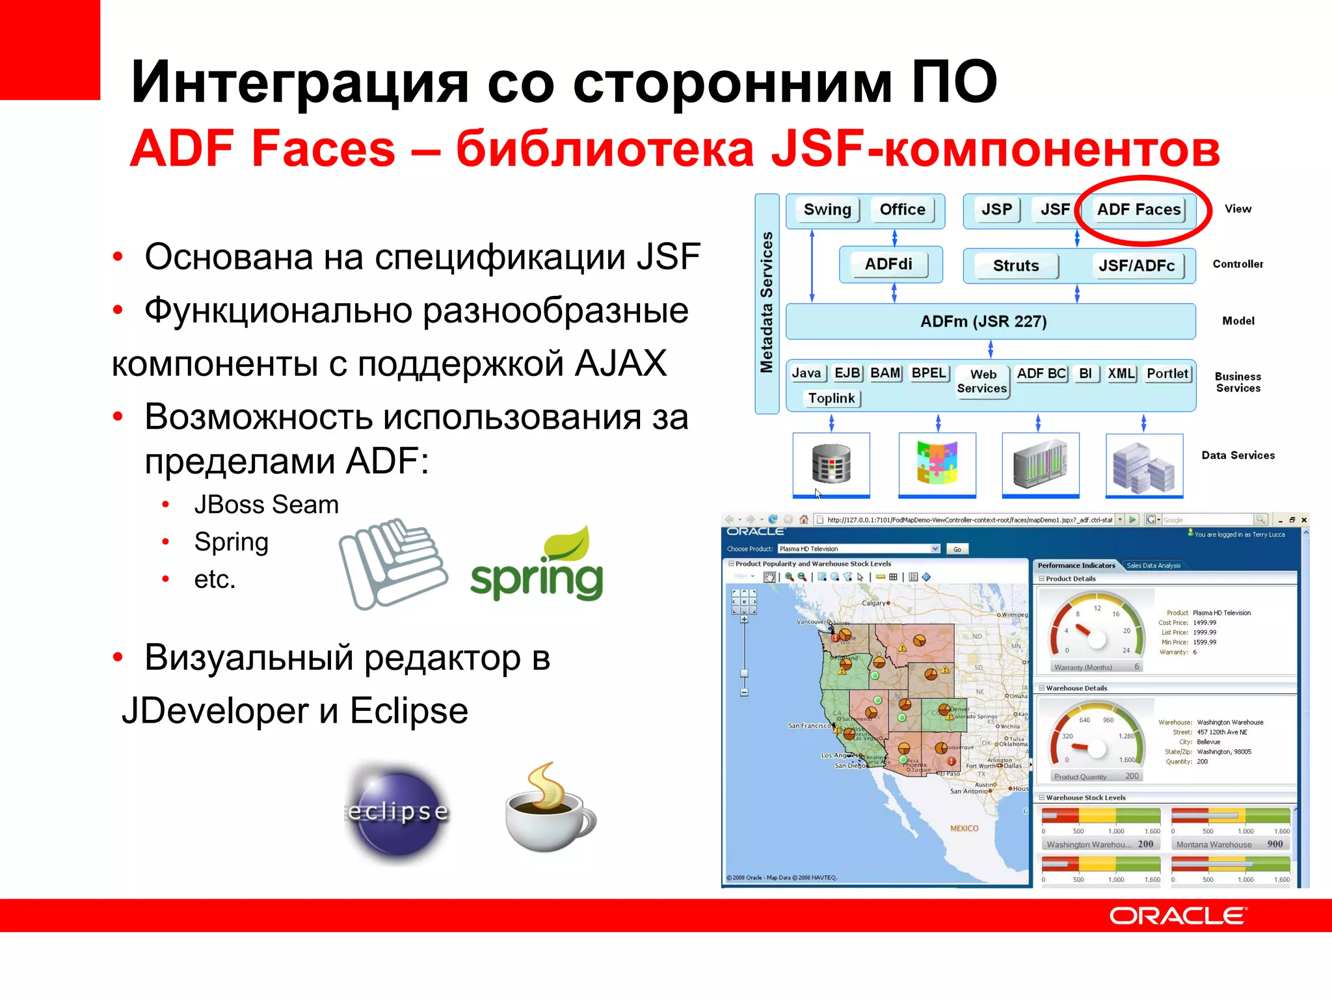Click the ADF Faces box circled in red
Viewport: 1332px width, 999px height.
1138,209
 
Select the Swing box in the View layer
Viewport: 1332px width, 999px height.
827,209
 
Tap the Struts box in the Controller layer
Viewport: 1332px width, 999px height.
1015,265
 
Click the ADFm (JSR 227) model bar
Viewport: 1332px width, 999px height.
983,321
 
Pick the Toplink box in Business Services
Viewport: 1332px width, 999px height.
831,398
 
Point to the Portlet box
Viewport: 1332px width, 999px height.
1167,373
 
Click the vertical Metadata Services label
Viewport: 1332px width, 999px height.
767,303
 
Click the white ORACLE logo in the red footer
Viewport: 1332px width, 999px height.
1178,916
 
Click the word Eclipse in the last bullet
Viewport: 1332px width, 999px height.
408,710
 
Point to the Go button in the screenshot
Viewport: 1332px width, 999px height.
957,549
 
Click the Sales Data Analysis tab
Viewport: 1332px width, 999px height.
1153,565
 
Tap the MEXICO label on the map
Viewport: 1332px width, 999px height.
963,829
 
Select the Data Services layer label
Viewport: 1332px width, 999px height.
1238,455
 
